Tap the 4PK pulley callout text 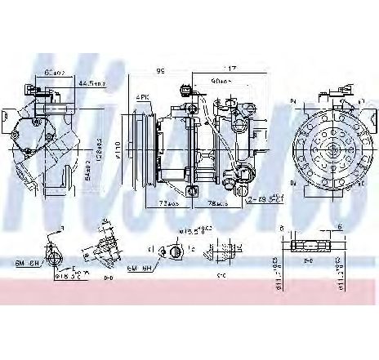(142, 97)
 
